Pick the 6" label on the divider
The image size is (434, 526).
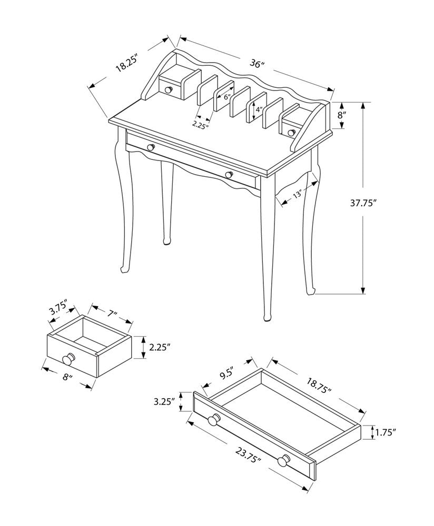pos(228,97)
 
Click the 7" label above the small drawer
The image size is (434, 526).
pos(111,315)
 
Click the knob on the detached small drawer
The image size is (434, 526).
pos(68,360)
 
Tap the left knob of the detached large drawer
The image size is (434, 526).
pos(213,420)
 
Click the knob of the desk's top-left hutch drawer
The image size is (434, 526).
pos(169,90)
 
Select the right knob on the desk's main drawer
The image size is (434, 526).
pos(228,175)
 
